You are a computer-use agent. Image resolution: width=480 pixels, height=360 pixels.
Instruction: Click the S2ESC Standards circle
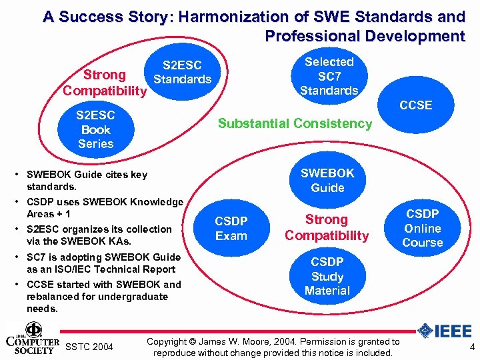click(182, 72)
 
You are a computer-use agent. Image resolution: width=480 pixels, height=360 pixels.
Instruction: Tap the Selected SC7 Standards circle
click(329, 76)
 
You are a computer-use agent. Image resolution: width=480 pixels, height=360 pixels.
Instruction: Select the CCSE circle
click(415, 105)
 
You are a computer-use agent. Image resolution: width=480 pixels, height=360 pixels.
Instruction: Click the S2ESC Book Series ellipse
click(96, 129)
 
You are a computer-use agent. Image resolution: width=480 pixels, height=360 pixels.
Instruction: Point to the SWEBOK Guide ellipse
click(327, 180)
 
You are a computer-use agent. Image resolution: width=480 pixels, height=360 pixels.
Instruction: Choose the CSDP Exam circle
click(231, 229)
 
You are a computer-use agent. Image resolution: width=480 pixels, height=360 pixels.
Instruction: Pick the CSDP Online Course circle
click(422, 228)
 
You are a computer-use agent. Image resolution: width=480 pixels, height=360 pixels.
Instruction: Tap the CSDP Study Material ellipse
click(327, 276)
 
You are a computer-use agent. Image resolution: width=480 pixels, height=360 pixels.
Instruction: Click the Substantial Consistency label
click(295, 123)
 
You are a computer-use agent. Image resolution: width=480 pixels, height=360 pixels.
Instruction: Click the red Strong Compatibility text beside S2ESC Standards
click(104, 83)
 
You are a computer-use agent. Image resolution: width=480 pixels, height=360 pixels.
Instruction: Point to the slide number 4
click(472, 347)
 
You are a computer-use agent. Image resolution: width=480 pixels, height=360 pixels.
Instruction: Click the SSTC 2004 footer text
click(89, 347)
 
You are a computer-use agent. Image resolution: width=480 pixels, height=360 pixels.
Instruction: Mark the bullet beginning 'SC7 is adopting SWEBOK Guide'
click(103, 263)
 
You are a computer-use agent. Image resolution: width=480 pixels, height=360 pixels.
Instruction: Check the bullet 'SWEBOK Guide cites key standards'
click(87, 181)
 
